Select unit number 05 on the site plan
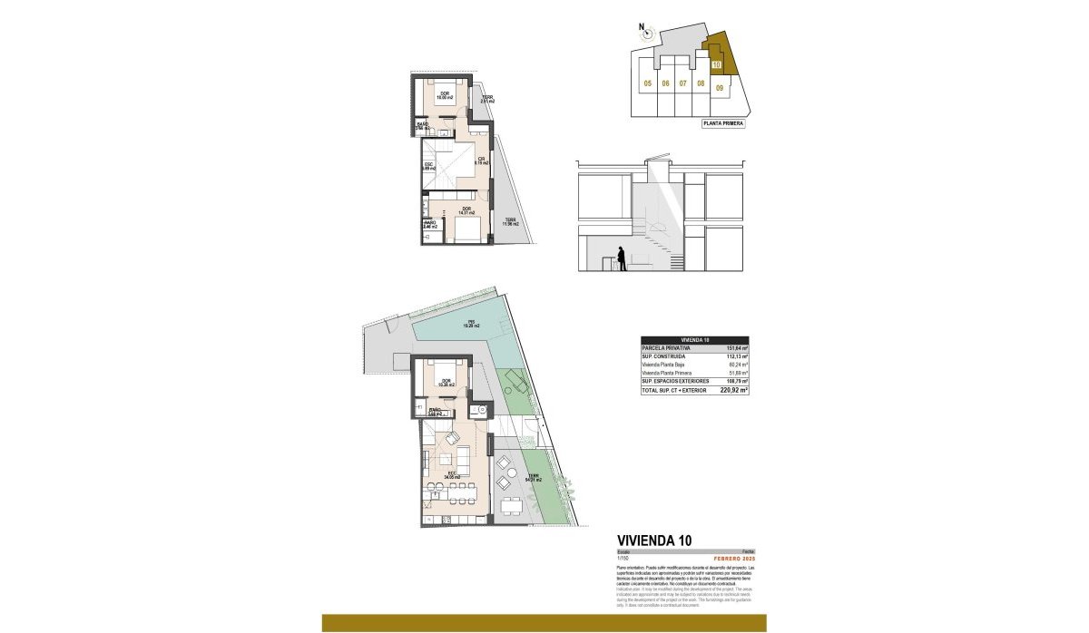tap(648, 83)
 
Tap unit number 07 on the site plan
tap(683, 83)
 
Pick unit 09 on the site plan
tap(720, 88)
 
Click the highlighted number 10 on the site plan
tap(716, 65)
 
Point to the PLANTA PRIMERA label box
tap(723, 124)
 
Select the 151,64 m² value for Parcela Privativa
tap(736, 348)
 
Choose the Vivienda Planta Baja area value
tap(737, 365)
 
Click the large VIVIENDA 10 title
tap(653, 540)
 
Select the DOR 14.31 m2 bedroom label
tap(466, 210)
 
